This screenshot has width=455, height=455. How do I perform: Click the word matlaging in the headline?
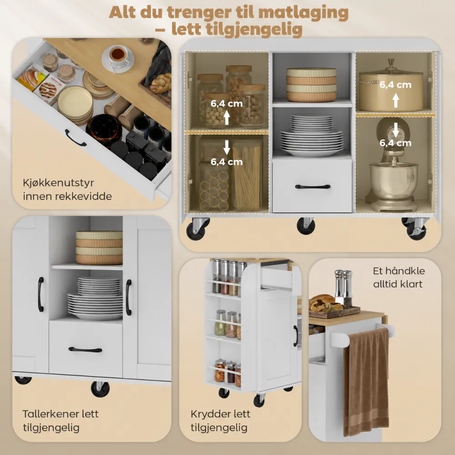(303, 13)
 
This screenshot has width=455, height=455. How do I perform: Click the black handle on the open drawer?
(75, 138)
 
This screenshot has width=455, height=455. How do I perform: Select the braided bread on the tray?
(161, 83)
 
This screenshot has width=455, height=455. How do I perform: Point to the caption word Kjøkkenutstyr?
(58, 183)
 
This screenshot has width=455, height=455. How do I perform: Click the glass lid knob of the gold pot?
(391, 63)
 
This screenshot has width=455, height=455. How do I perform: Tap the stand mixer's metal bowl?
(394, 180)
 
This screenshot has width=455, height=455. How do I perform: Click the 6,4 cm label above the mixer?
(395, 142)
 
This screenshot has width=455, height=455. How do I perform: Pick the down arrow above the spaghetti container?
(227, 147)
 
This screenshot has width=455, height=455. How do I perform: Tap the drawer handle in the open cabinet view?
(313, 187)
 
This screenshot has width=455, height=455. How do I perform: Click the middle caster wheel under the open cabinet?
(306, 226)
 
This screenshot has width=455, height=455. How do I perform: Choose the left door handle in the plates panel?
(41, 294)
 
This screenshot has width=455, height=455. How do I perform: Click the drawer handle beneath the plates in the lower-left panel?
(86, 349)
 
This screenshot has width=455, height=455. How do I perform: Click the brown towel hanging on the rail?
(366, 383)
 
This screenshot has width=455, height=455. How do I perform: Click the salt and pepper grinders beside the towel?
(343, 288)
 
